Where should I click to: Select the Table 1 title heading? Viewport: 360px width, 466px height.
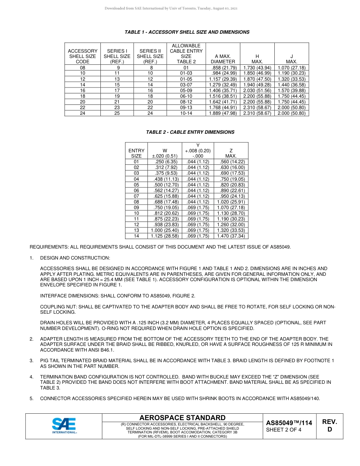pyautogui.click(x=187, y=32)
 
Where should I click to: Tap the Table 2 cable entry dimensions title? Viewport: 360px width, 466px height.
pyautogui.click(x=190, y=132)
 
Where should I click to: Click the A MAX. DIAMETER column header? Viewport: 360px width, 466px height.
pyautogui.click(x=223, y=59)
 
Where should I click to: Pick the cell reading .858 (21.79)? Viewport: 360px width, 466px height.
pyautogui.click(x=224, y=68)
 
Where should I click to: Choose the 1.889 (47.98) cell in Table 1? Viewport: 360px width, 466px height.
pyautogui.click(x=223, y=113)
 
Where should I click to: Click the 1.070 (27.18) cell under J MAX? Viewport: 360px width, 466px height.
pyautogui.click(x=291, y=68)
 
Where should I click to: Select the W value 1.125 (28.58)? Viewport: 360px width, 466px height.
pyautogui.click(x=165, y=236)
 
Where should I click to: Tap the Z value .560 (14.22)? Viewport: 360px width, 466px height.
pyautogui.click(x=231, y=162)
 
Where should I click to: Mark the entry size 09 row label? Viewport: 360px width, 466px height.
pyautogui.click(x=136, y=208)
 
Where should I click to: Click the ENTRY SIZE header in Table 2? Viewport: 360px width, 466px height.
pyautogui.click(x=136, y=153)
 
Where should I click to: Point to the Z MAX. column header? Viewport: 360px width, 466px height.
pyautogui.click(x=231, y=153)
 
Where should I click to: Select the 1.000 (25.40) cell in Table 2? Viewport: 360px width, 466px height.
pyautogui.click(x=165, y=230)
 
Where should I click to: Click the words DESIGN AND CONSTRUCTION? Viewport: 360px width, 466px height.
pyautogui.click(x=75, y=258)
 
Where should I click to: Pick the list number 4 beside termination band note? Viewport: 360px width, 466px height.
pyautogui.click(x=31, y=377)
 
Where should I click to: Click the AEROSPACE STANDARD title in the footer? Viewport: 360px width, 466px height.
pyautogui.click(x=182, y=418)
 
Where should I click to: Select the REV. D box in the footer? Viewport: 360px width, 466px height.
pyautogui.click(x=329, y=425)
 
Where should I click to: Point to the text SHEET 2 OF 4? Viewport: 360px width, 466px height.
pyautogui.click(x=284, y=430)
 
